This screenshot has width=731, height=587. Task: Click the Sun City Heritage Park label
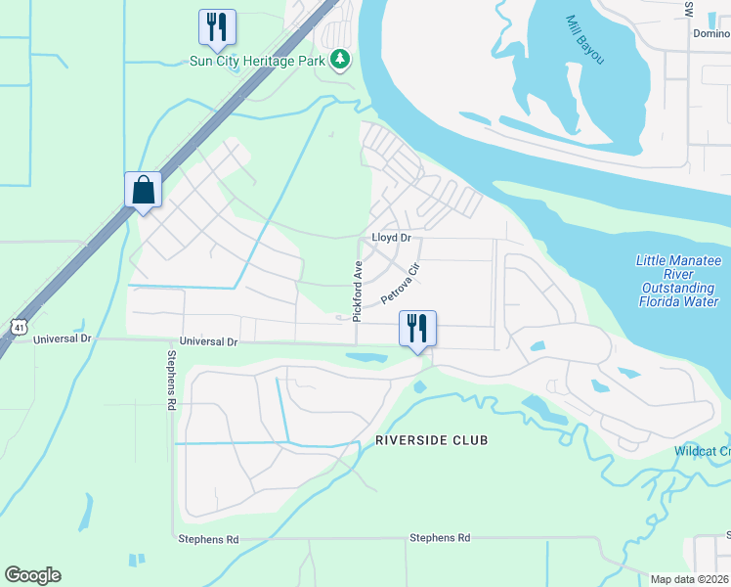258,60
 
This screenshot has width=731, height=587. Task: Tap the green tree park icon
340,60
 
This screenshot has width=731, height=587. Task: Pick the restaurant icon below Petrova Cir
417,328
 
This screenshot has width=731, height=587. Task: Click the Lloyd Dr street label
391,238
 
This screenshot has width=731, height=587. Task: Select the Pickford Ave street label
358,292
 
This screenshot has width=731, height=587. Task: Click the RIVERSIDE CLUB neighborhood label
431,441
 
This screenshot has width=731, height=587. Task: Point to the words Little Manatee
677,260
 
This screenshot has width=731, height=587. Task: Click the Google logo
32,575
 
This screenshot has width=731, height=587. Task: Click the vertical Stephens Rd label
171,381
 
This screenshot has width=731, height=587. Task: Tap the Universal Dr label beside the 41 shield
62,339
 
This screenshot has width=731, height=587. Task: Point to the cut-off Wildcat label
702,451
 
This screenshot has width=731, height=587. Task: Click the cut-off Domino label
711,32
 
